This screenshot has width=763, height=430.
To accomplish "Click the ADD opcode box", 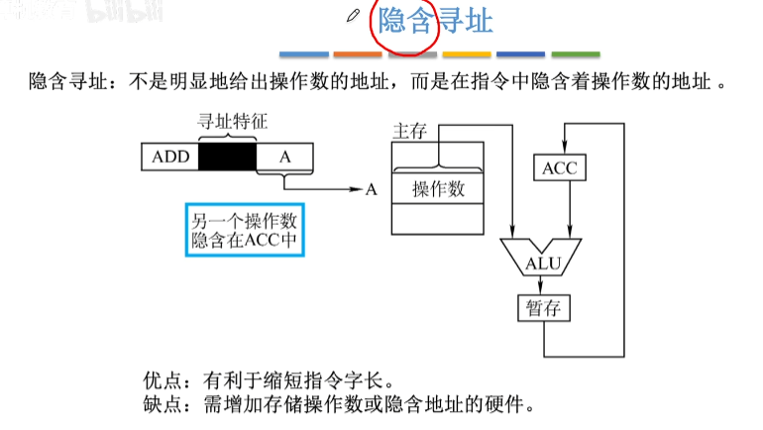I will [169, 157].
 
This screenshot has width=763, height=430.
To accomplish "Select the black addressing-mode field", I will [227, 157].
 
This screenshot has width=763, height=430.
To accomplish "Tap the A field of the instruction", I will [284, 157].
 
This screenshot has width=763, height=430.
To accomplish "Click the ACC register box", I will [559, 168].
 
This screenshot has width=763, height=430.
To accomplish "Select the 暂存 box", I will [543, 308].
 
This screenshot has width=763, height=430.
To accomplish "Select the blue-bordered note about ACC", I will [242, 229].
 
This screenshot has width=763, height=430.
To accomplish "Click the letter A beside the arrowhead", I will [372, 189].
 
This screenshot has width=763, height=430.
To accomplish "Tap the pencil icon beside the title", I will [354, 16].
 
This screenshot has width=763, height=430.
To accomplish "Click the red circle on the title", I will [403, 23].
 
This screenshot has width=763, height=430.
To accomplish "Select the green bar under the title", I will [576, 54].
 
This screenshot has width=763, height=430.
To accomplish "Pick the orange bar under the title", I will [358, 54].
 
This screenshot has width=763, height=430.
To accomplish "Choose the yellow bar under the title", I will [467, 54].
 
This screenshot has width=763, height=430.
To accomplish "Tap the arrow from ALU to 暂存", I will [543, 285].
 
